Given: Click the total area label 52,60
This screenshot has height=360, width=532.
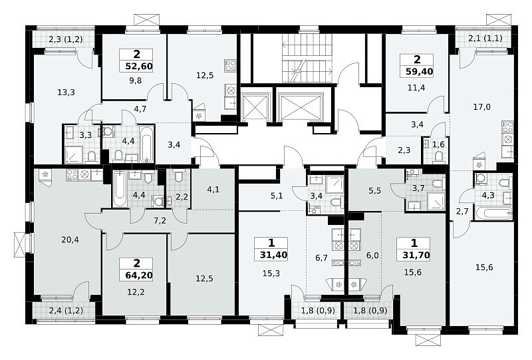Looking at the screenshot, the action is [x=139, y=66].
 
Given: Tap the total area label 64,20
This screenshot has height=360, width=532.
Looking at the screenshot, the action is [x=139, y=275].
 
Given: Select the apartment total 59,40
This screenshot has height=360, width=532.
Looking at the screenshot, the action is [x=420, y=72].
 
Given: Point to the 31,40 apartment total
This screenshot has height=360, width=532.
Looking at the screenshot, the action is [x=273, y=255].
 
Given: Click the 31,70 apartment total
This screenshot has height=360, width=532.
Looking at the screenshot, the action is [x=416, y=255].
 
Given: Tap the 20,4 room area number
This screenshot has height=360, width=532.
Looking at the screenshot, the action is [x=70, y=240].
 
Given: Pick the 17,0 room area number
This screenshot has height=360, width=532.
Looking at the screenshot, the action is [x=481, y=107].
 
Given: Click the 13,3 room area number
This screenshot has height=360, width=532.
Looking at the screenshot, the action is [x=66, y=92].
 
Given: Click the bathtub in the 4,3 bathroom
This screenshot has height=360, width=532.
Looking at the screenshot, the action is [x=493, y=214].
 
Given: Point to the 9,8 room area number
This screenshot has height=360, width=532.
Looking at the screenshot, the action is [x=135, y=81].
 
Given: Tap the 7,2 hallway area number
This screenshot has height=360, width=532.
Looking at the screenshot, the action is [x=160, y=221].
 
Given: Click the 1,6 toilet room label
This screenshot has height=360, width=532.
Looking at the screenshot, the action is [x=438, y=144].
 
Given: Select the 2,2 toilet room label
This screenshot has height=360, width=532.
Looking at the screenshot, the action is [x=182, y=196].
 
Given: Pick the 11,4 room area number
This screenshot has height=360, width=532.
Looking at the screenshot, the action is [x=416, y=88].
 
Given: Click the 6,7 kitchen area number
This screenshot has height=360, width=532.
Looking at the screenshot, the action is [x=321, y=258].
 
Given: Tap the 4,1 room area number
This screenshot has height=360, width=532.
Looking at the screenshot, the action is [x=213, y=189].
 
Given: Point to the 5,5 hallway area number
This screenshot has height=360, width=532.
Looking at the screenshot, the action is [x=374, y=190].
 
